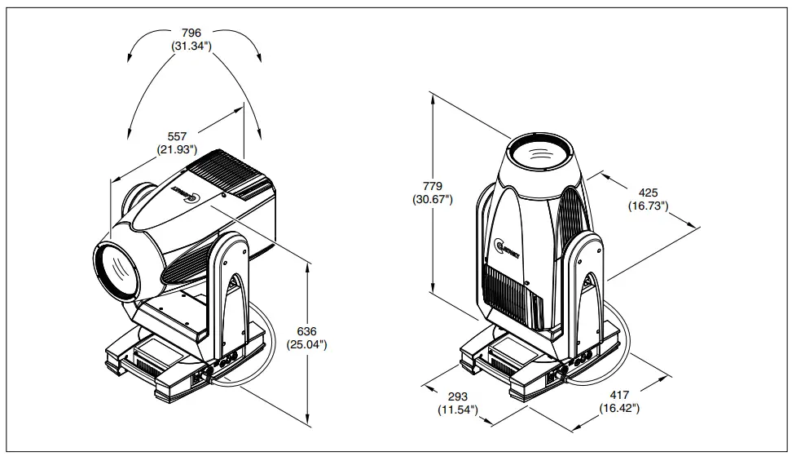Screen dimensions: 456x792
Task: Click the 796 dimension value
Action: (191, 33)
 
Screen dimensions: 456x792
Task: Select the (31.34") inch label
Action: (191, 46)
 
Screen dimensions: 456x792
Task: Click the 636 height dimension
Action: (306, 331)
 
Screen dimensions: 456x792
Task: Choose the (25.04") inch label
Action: (306, 345)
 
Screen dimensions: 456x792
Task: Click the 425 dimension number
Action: (648, 193)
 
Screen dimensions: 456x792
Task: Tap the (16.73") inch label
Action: (648, 206)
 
